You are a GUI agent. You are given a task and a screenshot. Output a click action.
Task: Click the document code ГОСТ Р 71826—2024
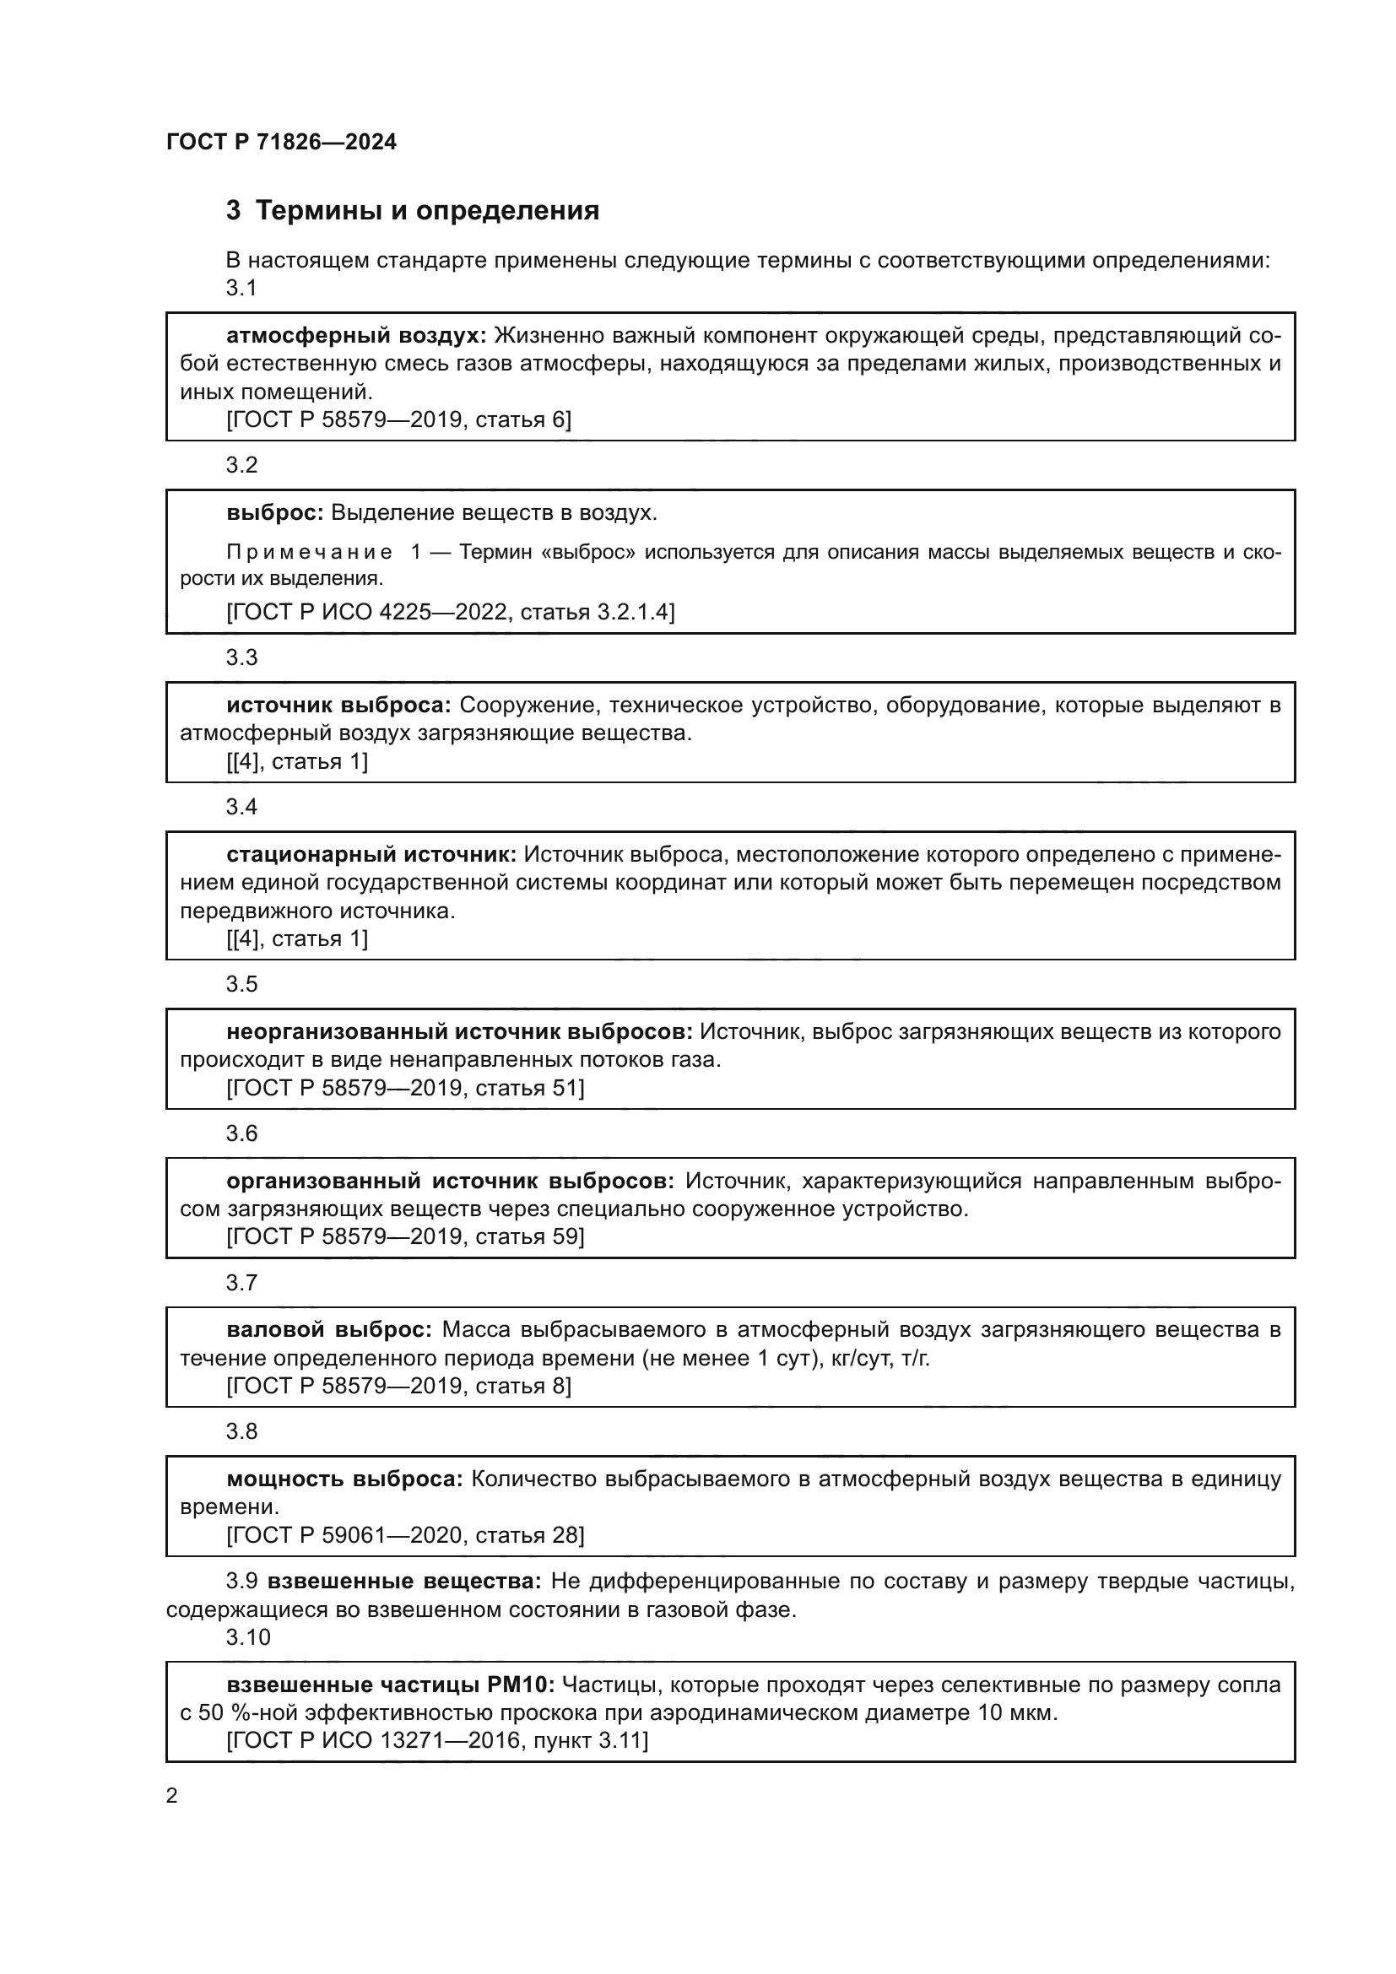coord(281,143)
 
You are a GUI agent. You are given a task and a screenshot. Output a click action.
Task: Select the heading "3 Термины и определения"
coord(412,211)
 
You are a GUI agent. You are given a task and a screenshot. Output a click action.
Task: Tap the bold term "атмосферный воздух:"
coord(356,335)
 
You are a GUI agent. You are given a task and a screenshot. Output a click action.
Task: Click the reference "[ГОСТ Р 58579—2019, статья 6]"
coord(398,419)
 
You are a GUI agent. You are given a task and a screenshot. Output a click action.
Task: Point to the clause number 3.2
coord(241,465)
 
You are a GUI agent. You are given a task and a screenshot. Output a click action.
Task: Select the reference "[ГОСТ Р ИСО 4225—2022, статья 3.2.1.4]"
coord(451,612)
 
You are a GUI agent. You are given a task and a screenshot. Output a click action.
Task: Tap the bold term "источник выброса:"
coord(338,706)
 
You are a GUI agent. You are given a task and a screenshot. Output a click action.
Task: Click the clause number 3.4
coord(241,807)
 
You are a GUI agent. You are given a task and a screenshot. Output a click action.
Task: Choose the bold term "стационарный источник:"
coord(371,855)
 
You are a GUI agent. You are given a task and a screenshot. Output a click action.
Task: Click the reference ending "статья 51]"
coord(405,1089)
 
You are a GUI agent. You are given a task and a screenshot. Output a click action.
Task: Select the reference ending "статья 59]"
coord(405,1237)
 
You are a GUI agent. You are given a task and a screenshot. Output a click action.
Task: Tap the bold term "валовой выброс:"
coord(329,1330)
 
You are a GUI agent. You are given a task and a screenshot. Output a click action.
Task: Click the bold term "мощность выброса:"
coord(344,1479)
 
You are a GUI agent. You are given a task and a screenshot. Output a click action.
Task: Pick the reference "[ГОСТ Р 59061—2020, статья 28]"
coord(405,1535)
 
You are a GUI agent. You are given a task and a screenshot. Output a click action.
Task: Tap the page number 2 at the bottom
coord(172,1796)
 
